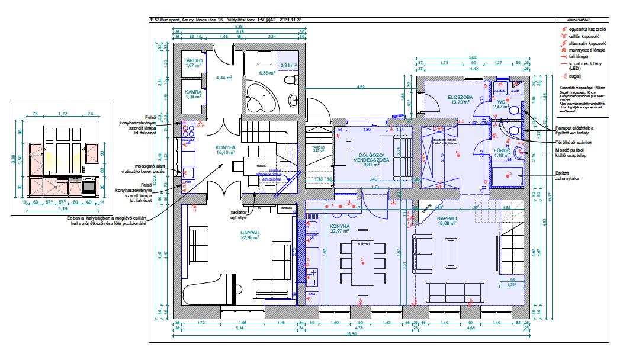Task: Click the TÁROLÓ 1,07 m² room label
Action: [193, 62]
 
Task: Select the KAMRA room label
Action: [193, 94]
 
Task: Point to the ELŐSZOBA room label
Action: [460, 99]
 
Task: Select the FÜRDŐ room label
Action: [502, 152]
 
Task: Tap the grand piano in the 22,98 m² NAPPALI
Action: [198, 293]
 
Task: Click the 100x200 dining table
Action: [363, 261]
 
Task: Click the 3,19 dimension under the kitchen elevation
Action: [61, 208]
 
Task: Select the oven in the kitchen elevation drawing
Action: [89, 187]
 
